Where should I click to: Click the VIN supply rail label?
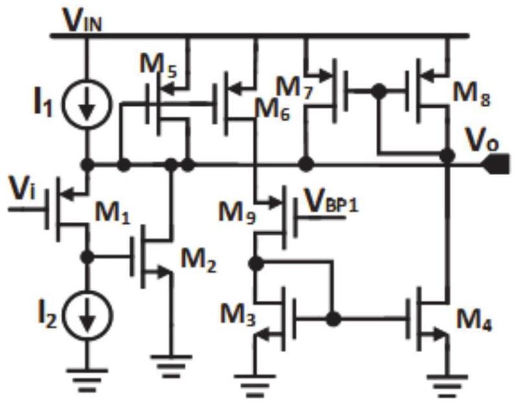(x=83, y=20)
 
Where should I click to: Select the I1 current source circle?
(x=88, y=104)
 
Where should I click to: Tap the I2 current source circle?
(x=88, y=315)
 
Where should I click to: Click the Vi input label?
(x=22, y=189)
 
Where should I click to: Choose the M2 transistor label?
(x=198, y=261)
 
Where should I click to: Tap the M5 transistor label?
(x=158, y=66)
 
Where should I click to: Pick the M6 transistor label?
(x=273, y=109)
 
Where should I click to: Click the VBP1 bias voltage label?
(x=331, y=202)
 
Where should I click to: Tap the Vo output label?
(x=482, y=141)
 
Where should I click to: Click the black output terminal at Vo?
(x=497, y=164)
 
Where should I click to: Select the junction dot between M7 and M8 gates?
(x=379, y=91)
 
